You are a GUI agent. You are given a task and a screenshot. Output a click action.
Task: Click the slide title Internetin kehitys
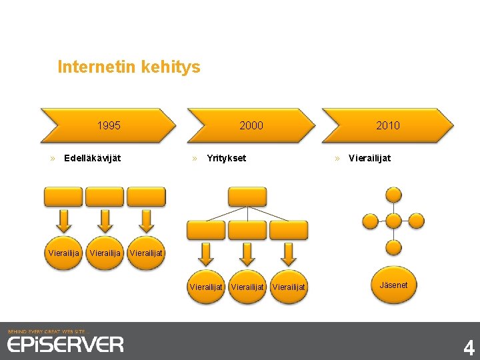coord(129,67)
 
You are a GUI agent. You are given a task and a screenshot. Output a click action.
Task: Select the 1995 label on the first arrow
coord(109,125)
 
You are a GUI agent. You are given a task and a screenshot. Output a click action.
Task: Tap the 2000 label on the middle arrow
coord(251,125)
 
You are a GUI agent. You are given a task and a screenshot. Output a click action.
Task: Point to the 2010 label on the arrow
coord(387,125)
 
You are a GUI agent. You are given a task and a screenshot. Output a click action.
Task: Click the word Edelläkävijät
coord(92,159)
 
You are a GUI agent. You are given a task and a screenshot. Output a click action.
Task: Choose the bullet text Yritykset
coord(227,159)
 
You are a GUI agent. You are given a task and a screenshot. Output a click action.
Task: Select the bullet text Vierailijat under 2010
coord(369,159)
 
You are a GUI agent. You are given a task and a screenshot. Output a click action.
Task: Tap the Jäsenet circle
coord(393,285)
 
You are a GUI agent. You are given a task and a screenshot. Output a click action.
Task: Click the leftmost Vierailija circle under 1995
coord(64,253)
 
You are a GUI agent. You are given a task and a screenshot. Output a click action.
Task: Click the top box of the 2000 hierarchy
coord(247,197)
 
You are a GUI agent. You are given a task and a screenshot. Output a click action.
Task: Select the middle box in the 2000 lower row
coord(247,230)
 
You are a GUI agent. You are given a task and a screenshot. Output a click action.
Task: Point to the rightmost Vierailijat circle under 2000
coord(289,287)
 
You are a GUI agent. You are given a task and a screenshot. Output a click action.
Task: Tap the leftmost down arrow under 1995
coord(64,220)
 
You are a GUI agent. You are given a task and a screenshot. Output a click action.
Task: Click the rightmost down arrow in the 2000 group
coord(289,253)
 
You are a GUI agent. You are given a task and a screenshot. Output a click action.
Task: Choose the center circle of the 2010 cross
coord(394,221)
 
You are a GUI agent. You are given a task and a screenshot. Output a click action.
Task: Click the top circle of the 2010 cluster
coord(394,195)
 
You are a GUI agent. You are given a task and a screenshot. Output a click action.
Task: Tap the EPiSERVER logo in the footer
coord(65,344)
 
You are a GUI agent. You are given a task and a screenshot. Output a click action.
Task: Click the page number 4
coord(469,347)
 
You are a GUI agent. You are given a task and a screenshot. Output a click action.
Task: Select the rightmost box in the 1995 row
coord(146,197)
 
